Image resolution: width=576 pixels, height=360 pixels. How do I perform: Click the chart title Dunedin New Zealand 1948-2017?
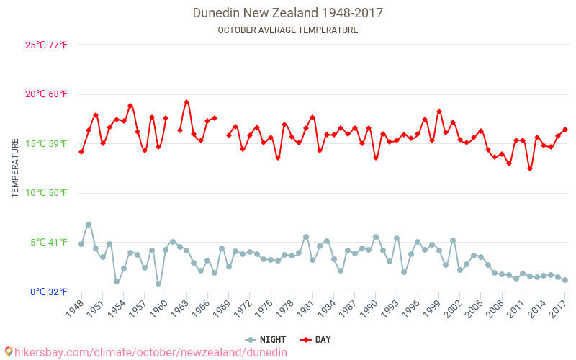click(x=288, y=13)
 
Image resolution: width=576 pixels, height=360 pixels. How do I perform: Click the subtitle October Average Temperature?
click(x=288, y=30)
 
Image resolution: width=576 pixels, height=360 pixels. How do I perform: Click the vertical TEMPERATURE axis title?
click(x=15, y=168)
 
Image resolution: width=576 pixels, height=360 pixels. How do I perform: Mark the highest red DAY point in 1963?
click(x=186, y=102)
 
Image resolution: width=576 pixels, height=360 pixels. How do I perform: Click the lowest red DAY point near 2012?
click(x=530, y=168)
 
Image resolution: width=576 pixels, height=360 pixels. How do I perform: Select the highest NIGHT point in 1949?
click(x=89, y=225)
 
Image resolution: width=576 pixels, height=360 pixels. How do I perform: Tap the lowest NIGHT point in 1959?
click(x=158, y=284)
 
